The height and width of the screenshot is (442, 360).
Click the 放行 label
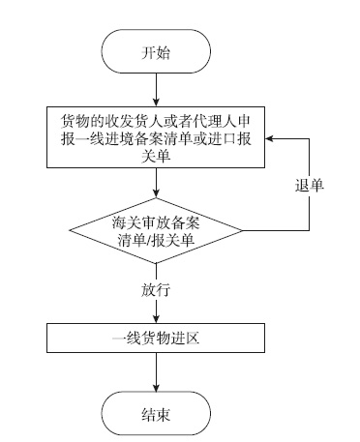[155, 289]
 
